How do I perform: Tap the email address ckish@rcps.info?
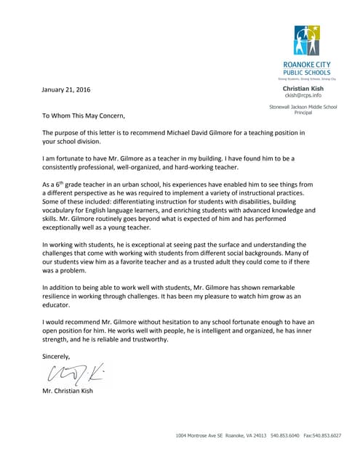302,95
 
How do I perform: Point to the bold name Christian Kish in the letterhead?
303,88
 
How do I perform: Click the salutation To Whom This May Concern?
84,115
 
